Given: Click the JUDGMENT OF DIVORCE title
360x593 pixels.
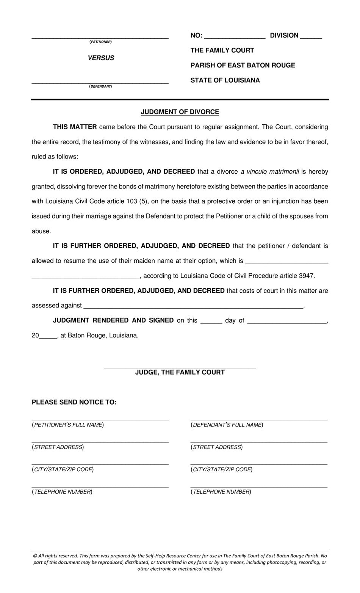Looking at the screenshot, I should pos(180,112).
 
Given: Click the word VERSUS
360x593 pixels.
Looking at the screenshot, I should pos(101,58).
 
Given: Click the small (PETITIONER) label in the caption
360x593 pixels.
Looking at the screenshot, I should pos(100,42).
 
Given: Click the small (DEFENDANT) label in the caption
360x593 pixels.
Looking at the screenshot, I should pos(100,86).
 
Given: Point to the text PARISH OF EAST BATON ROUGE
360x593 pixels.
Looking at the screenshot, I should pos(243,65).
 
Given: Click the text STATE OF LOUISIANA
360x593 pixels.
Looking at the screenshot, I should pos(225,80).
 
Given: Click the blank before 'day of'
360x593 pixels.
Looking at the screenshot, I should pos(211,321).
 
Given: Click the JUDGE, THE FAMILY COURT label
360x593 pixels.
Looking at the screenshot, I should pos(180,372).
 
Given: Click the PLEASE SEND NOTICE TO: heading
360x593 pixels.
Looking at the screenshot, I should pos(74,402).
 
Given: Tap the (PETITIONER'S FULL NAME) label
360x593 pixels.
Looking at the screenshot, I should pos(68,425).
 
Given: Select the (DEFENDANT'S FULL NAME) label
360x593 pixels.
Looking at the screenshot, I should pos(227,425).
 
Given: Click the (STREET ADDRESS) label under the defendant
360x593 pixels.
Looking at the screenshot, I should pos(216,447).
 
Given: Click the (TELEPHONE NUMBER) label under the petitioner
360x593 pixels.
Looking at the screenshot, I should pos(62,492).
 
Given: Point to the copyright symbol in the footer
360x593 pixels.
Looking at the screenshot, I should pos(35,556).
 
